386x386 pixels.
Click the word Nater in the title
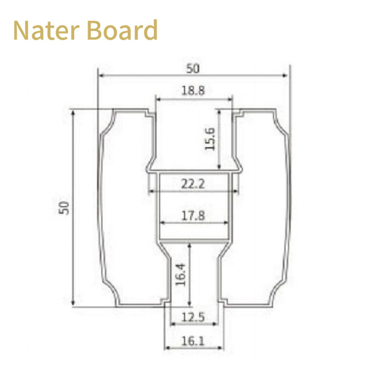pos(46,30)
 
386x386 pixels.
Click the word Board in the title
pos(122,30)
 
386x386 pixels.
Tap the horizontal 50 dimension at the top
pos(193,68)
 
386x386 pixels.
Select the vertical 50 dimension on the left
pos(64,207)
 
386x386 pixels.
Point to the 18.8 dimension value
pos(193,90)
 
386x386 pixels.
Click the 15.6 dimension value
pos(210,139)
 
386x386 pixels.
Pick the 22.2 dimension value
pos(193,183)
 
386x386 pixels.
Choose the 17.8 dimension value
pos(193,216)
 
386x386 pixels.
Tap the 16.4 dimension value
pos(180,274)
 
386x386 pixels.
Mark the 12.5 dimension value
pos(193,317)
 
